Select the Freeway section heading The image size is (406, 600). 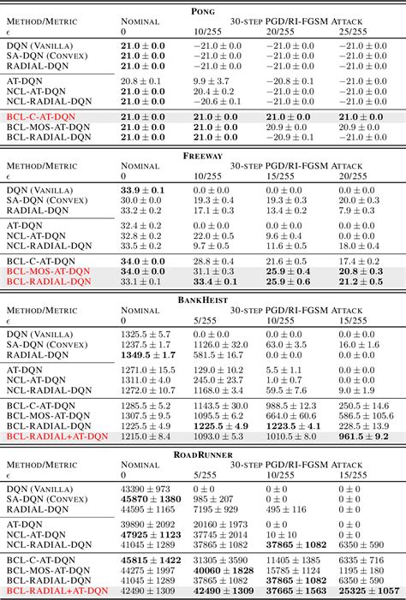click(202, 156)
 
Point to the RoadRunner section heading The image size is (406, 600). click(202, 447)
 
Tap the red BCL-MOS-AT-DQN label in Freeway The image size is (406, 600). click(48, 271)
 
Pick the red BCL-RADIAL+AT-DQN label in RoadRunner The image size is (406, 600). click(57, 591)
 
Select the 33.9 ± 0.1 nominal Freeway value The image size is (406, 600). click(144, 189)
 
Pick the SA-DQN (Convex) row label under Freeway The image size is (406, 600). click(52, 199)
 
